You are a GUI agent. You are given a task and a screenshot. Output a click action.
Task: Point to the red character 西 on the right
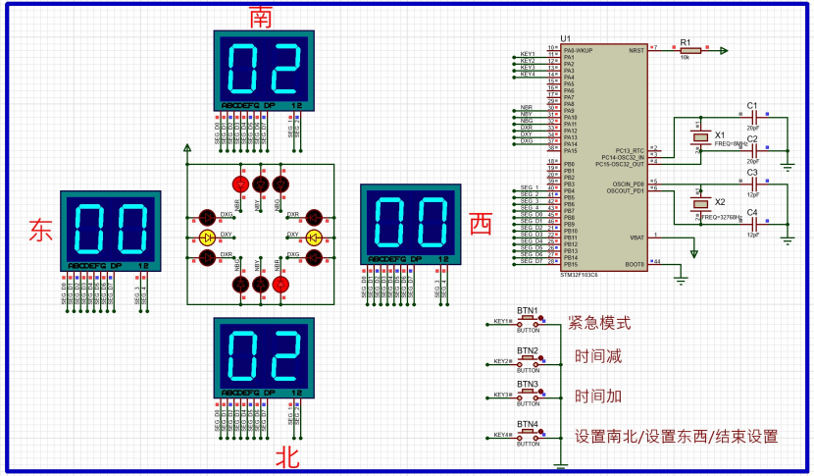pos(480,225)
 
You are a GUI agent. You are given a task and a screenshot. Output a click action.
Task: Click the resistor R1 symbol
pos(685,51)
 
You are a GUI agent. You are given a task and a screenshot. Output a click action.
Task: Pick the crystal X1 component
pos(698,138)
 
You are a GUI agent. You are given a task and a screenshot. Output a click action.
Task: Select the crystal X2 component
pos(699,203)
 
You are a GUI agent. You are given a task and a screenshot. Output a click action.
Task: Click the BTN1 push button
pos(529,321)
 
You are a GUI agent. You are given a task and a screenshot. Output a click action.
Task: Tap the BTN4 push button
pos(529,434)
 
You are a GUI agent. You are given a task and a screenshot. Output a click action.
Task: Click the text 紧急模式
pos(599,323)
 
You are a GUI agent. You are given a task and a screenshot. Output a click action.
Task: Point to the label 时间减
pos(598,357)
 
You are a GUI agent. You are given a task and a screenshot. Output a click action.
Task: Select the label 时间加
pos(598,397)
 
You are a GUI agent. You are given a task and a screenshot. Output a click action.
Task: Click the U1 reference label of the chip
pos(565,37)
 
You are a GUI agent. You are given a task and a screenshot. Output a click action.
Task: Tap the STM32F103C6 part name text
pos(580,276)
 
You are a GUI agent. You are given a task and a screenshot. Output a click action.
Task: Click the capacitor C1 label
pos(752,105)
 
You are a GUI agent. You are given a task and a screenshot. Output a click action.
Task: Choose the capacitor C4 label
pos(752,212)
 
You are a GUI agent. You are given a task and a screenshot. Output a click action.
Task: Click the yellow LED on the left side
pos(207,238)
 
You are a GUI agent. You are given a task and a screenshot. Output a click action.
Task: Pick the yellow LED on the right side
pos(314,238)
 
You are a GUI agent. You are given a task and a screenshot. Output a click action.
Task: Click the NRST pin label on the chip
pos(636,48)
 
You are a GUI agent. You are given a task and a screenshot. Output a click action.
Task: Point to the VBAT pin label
pos(636,238)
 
